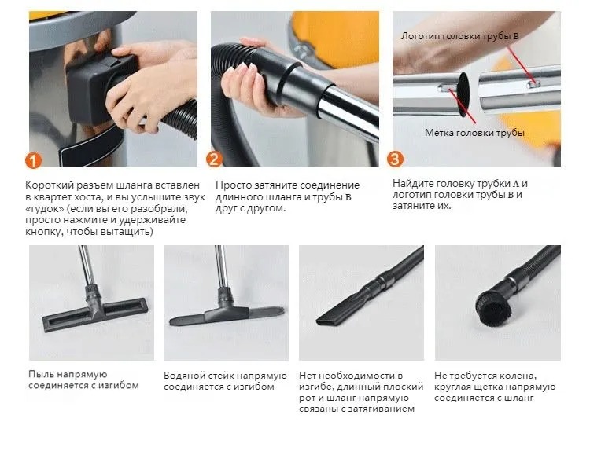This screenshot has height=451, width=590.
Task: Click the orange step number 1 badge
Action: click(x=34, y=161)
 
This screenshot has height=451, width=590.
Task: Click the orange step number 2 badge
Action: click(x=214, y=159)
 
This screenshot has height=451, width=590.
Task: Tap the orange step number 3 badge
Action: click(x=395, y=159)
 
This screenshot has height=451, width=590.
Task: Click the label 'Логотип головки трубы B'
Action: click(x=460, y=36)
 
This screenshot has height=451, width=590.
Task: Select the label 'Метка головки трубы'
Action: click(x=474, y=133)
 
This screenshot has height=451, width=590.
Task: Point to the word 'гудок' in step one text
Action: click(x=47, y=209)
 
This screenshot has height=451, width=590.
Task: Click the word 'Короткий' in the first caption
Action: click(x=50, y=185)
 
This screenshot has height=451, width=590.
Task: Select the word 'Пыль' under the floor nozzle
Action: click(x=41, y=374)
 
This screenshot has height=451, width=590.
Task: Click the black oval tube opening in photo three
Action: click(x=463, y=93)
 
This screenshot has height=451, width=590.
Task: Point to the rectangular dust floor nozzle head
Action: click(x=94, y=313)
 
